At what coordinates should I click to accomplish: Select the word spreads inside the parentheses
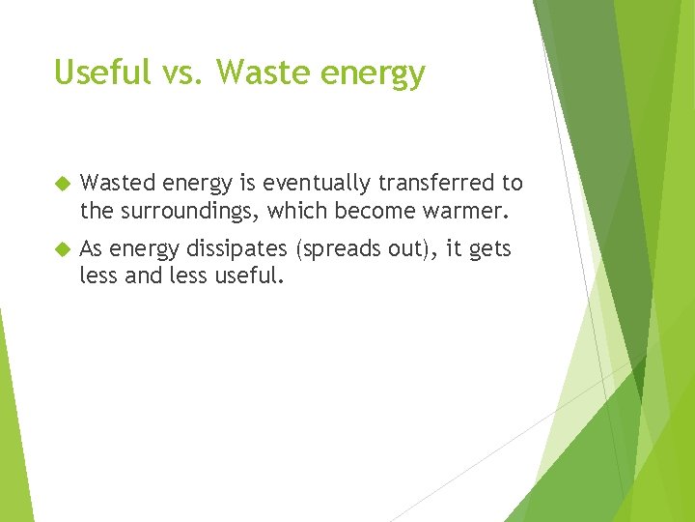[338, 250]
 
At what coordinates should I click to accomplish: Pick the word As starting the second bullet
[92, 249]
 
